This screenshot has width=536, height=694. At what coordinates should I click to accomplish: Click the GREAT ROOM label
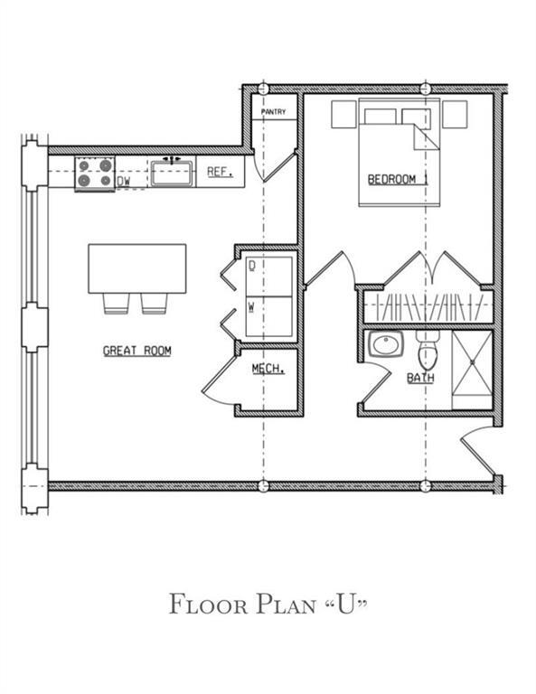point(136,351)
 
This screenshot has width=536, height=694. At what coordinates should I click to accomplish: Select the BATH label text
point(418,378)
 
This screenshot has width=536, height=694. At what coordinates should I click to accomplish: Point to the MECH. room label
point(268,369)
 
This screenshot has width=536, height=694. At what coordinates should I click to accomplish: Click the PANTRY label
point(274,112)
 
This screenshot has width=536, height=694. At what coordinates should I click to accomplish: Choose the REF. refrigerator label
point(220,172)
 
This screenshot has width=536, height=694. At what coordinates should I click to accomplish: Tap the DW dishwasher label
point(124,182)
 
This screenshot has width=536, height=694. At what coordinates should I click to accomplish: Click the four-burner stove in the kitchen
point(95,173)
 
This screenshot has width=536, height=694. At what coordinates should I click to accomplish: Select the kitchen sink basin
point(169,173)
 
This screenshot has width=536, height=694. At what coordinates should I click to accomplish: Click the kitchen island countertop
point(136,268)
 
